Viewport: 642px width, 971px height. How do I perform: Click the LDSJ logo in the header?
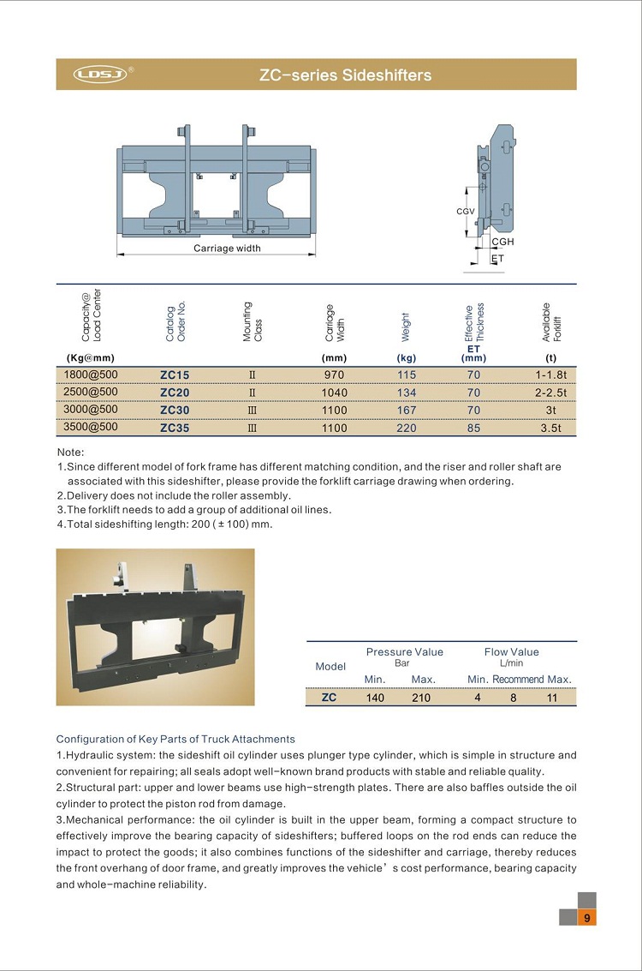tap(100, 75)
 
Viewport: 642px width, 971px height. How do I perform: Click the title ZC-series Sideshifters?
tap(345, 75)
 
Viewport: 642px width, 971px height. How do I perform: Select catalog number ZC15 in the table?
tap(175, 375)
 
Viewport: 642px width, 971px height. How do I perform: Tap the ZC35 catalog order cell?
tap(175, 427)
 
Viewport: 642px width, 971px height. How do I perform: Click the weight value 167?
tap(406, 410)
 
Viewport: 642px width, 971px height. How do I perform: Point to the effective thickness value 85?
tap(473, 427)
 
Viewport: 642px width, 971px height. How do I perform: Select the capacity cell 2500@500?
tap(91, 392)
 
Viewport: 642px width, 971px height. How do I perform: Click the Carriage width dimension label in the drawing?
tap(227, 249)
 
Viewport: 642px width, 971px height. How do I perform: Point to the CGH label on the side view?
tap(502, 243)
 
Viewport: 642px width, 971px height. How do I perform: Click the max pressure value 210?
tap(421, 698)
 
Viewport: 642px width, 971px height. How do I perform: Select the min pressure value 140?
tap(375, 698)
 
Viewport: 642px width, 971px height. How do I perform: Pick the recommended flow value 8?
tap(514, 698)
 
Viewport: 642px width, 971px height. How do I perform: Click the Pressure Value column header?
tap(404, 652)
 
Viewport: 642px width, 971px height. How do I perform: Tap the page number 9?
tap(587, 918)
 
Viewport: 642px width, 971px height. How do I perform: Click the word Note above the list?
tap(71, 452)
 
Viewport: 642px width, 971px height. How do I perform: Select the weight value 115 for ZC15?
tap(406, 375)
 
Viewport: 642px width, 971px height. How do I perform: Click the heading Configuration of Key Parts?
tap(175, 739)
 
